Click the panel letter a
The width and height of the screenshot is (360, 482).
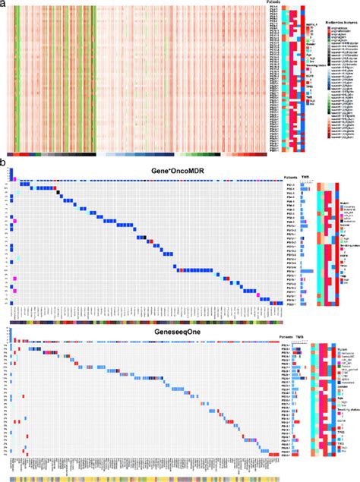click(4, 4)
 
